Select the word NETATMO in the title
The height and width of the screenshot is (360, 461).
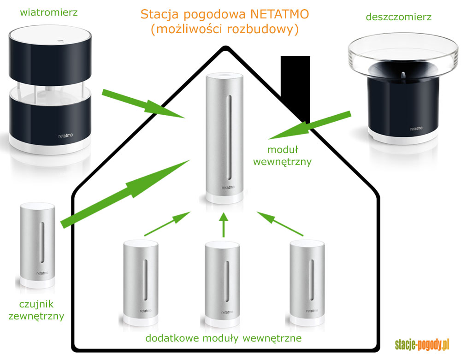pos(282,14)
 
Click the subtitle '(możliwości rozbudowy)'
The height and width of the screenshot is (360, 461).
pos(225,30)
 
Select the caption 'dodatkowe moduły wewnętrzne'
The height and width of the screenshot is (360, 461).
pos(224,338)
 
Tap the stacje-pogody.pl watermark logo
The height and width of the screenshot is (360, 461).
pos(422,344)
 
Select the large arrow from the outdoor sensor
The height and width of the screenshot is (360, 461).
pos(124,194)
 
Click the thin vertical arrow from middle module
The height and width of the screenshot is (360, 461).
pos(224,224)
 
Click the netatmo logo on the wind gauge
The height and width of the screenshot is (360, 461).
pos(68,136)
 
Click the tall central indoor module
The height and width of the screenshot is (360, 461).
pos(225,138)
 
